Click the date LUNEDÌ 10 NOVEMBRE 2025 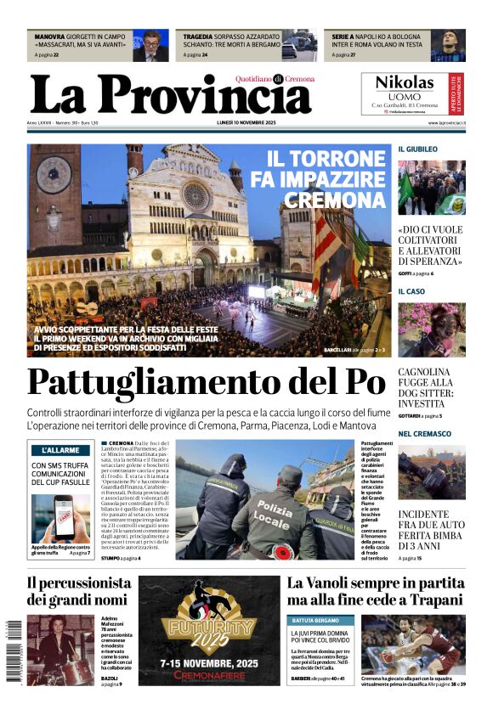(x=246, y=123)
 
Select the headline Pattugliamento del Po (x=206, y=382)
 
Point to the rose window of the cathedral (x=196, y=196)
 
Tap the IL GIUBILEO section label (x=418, y=149)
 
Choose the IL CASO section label (x=411, y=291)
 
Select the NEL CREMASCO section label (x=425, y=434)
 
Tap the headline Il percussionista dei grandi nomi (x=78, y=591)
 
